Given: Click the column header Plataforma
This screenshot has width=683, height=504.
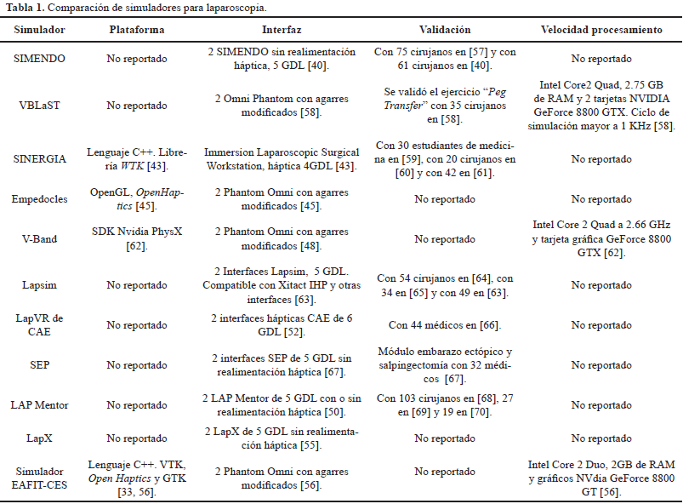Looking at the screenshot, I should pyautogui.click(x=137, y=31).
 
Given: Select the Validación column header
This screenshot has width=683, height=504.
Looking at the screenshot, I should pyautogui.click(x=445, y=31).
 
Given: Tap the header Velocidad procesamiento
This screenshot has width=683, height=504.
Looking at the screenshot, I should pyautogui.click(x=601, y=31).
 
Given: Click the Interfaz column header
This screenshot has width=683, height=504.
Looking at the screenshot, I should pyautogui.click(x=282, y=31).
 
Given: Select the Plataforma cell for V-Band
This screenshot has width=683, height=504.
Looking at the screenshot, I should pyautogui.click(x=137, y=239).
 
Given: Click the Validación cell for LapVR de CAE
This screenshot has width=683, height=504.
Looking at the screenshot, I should pyautogui.click(x=445, y=325).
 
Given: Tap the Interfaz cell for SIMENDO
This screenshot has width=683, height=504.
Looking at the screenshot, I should pyautogui.click(x=282, y=59).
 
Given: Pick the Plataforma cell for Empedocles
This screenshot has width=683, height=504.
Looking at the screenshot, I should pyautogui.click(x=137, y=199).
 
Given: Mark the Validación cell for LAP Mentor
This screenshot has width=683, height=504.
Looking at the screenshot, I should pyautogui.click(x=445, y=404).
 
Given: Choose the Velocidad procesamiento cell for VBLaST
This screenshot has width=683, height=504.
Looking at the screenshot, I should pyautogui.click(x=601, y=106).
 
